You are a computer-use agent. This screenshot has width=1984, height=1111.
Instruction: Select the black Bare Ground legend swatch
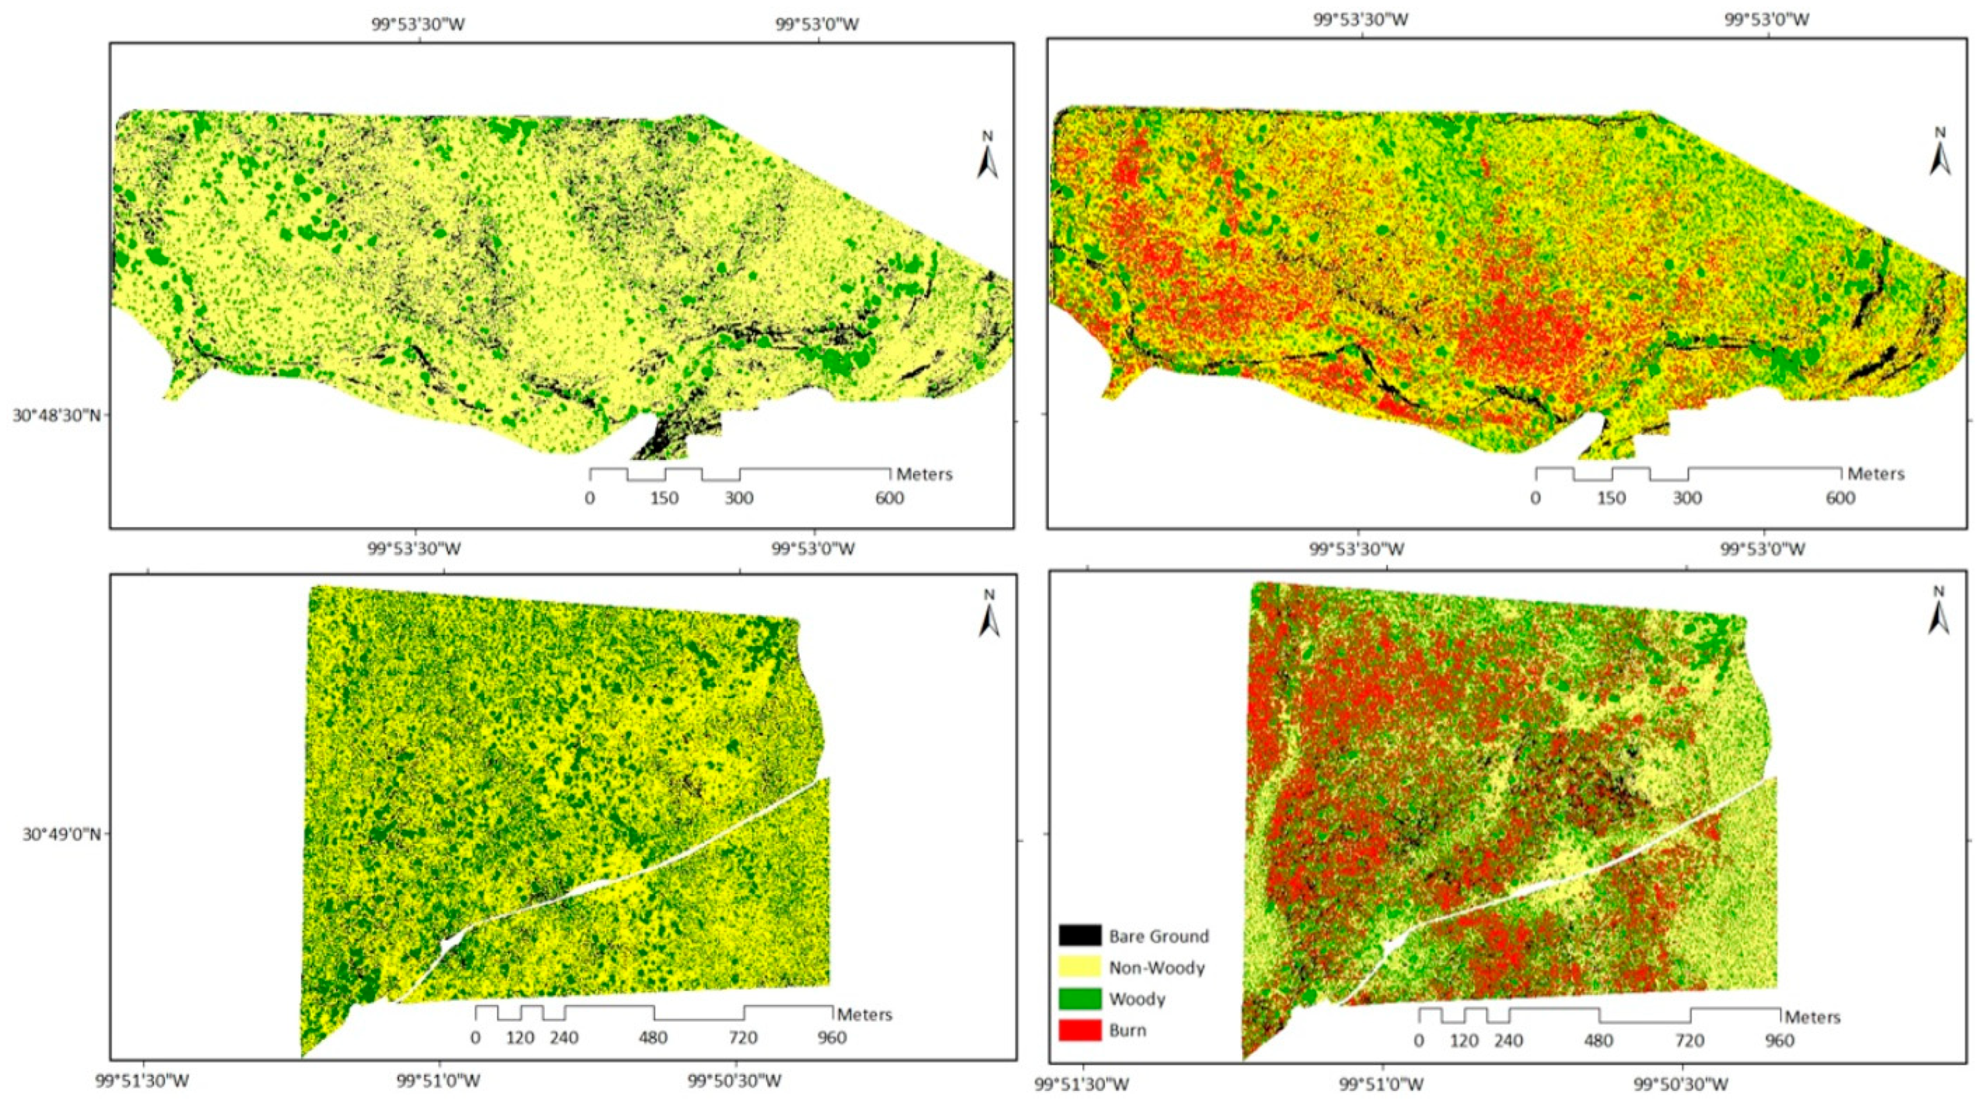[x=1080, y=936]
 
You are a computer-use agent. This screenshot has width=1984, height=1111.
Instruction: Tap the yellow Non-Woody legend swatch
[x=1080, y=967]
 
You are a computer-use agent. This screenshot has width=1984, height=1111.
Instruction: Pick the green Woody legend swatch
[x=1080, y=998]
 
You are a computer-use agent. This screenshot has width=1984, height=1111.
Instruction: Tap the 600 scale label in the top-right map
[x=1840, y=498]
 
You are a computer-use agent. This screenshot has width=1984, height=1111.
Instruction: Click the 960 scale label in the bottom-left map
[x=832, y=1037]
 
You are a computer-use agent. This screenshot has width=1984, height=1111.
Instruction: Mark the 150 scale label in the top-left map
[x=664, y=498]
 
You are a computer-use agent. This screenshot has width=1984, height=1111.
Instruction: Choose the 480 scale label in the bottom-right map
[x=1598, y=1040]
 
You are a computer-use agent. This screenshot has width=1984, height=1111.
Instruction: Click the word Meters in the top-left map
[x=924, y=475]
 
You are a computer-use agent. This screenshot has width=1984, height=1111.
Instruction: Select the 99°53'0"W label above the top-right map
[x=1764, y=19]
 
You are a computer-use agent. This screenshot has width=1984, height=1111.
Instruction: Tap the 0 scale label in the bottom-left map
[x=475, y=1037]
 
